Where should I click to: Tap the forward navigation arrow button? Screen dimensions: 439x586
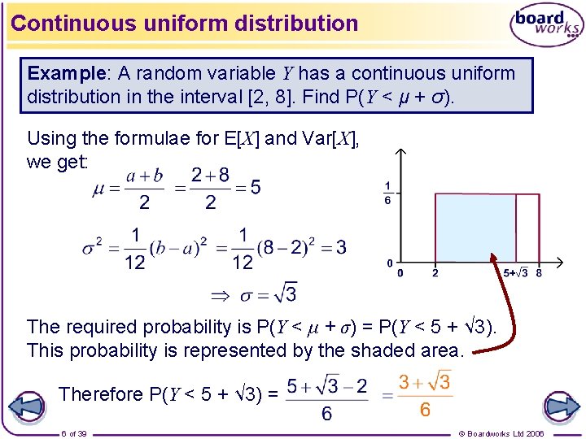tap(559, 406)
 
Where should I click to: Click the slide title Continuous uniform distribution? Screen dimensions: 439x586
tap(185, 23)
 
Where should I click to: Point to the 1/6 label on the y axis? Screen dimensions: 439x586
tap(388, 193)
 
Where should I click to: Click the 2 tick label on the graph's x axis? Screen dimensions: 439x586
tap(435, 273)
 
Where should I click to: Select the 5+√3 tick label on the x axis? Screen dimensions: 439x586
tap(516, 273)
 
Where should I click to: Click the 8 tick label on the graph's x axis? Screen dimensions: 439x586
tap(539, 273)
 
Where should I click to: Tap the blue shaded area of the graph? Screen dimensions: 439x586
tap(476, 228)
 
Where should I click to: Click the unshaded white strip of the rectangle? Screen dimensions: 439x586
tap(527, 228)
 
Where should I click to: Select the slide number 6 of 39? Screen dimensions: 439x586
tap(74, 433)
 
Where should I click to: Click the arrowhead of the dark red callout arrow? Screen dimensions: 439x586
tap(493, 259)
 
